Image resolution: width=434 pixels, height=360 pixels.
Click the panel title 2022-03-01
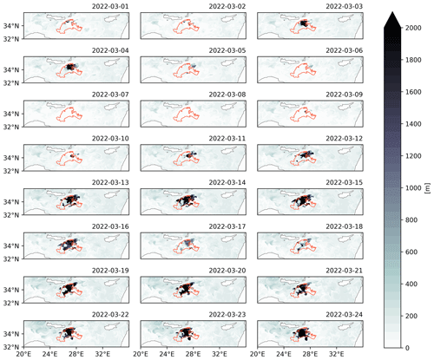click(110, 6)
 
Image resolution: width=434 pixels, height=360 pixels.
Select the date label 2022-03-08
click(227, 95)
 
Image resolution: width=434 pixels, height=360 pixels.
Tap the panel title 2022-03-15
click(344, 182)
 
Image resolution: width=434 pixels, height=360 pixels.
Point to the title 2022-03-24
click(344, 314)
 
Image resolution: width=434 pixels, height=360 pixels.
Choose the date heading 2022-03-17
click(227, 226)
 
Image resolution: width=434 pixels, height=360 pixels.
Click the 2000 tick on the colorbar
click(413, 28)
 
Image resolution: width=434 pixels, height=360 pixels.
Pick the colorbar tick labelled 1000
click(413, 188)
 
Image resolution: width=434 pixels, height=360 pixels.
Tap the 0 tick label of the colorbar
click(407, 348)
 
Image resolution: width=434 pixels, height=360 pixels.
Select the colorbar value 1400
click(413, 124)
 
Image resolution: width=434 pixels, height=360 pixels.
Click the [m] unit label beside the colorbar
click(428, 188)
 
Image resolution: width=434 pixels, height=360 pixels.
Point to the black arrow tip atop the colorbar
click(392, 11)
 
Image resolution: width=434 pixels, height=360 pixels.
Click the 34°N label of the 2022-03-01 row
click(11, 26)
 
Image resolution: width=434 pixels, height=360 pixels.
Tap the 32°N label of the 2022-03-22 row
click(11, 347)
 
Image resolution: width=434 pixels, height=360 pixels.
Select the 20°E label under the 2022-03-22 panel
click(23, 354)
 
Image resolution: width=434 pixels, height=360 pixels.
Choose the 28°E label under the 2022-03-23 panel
click(194, 354)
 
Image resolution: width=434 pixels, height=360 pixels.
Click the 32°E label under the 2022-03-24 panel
click(336, 354)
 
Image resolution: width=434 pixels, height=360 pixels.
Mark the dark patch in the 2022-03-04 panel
click(70, 67)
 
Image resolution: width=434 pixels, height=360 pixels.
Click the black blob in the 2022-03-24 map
click(302, 333)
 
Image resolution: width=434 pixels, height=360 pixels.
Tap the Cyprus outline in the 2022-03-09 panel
click(346, 106)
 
